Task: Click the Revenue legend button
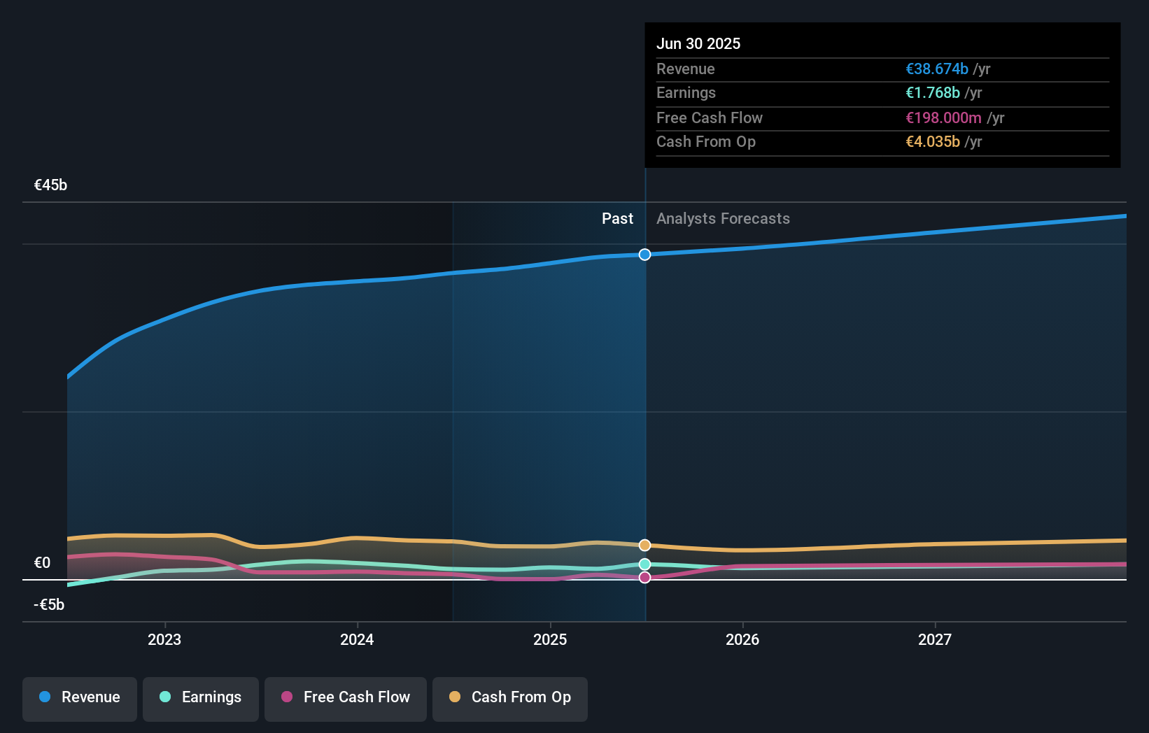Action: (80, 697)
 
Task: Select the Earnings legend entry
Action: (201, 697)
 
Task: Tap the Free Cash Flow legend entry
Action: (346, 697)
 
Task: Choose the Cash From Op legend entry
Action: (510, 697)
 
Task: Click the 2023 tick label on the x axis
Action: (164, 639)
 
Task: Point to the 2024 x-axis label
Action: (357, 639)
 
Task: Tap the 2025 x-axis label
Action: (550, 639)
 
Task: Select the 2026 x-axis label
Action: (742, 639)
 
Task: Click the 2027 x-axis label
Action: (935, 639)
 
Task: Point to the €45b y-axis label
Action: (50, 185)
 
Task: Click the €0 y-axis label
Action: (42, 562)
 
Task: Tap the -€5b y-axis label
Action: (49, 604)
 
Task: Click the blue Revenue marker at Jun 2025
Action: (645, 255)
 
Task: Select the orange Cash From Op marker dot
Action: (645, 545)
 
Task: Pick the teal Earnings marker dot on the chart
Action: (645, 564)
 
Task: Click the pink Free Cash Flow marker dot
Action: (645, 577)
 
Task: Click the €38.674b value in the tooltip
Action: (937, 69)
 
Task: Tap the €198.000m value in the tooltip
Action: (943, 118)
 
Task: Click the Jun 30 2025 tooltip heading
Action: (698, 43)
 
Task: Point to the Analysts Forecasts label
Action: (723, 218)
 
